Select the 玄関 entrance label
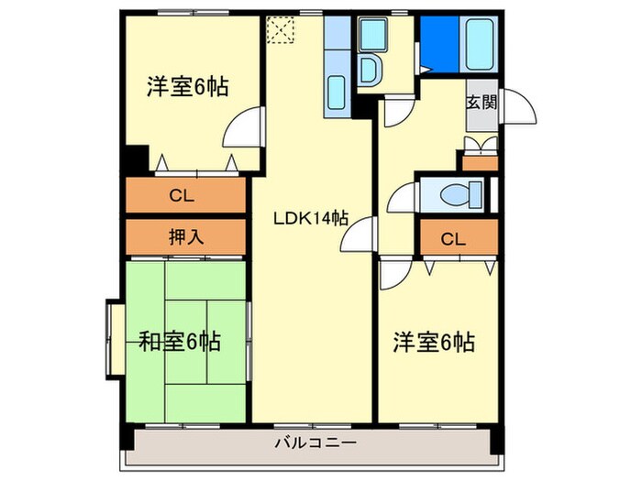coord(481,102)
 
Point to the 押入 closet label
coord(186,236)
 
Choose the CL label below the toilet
coord(452,240)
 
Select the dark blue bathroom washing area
coord(436,41)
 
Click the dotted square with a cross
coord(278,29)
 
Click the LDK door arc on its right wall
coord(358,238)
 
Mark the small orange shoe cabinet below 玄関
coord(480,163)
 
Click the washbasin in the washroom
coord(371,69)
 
